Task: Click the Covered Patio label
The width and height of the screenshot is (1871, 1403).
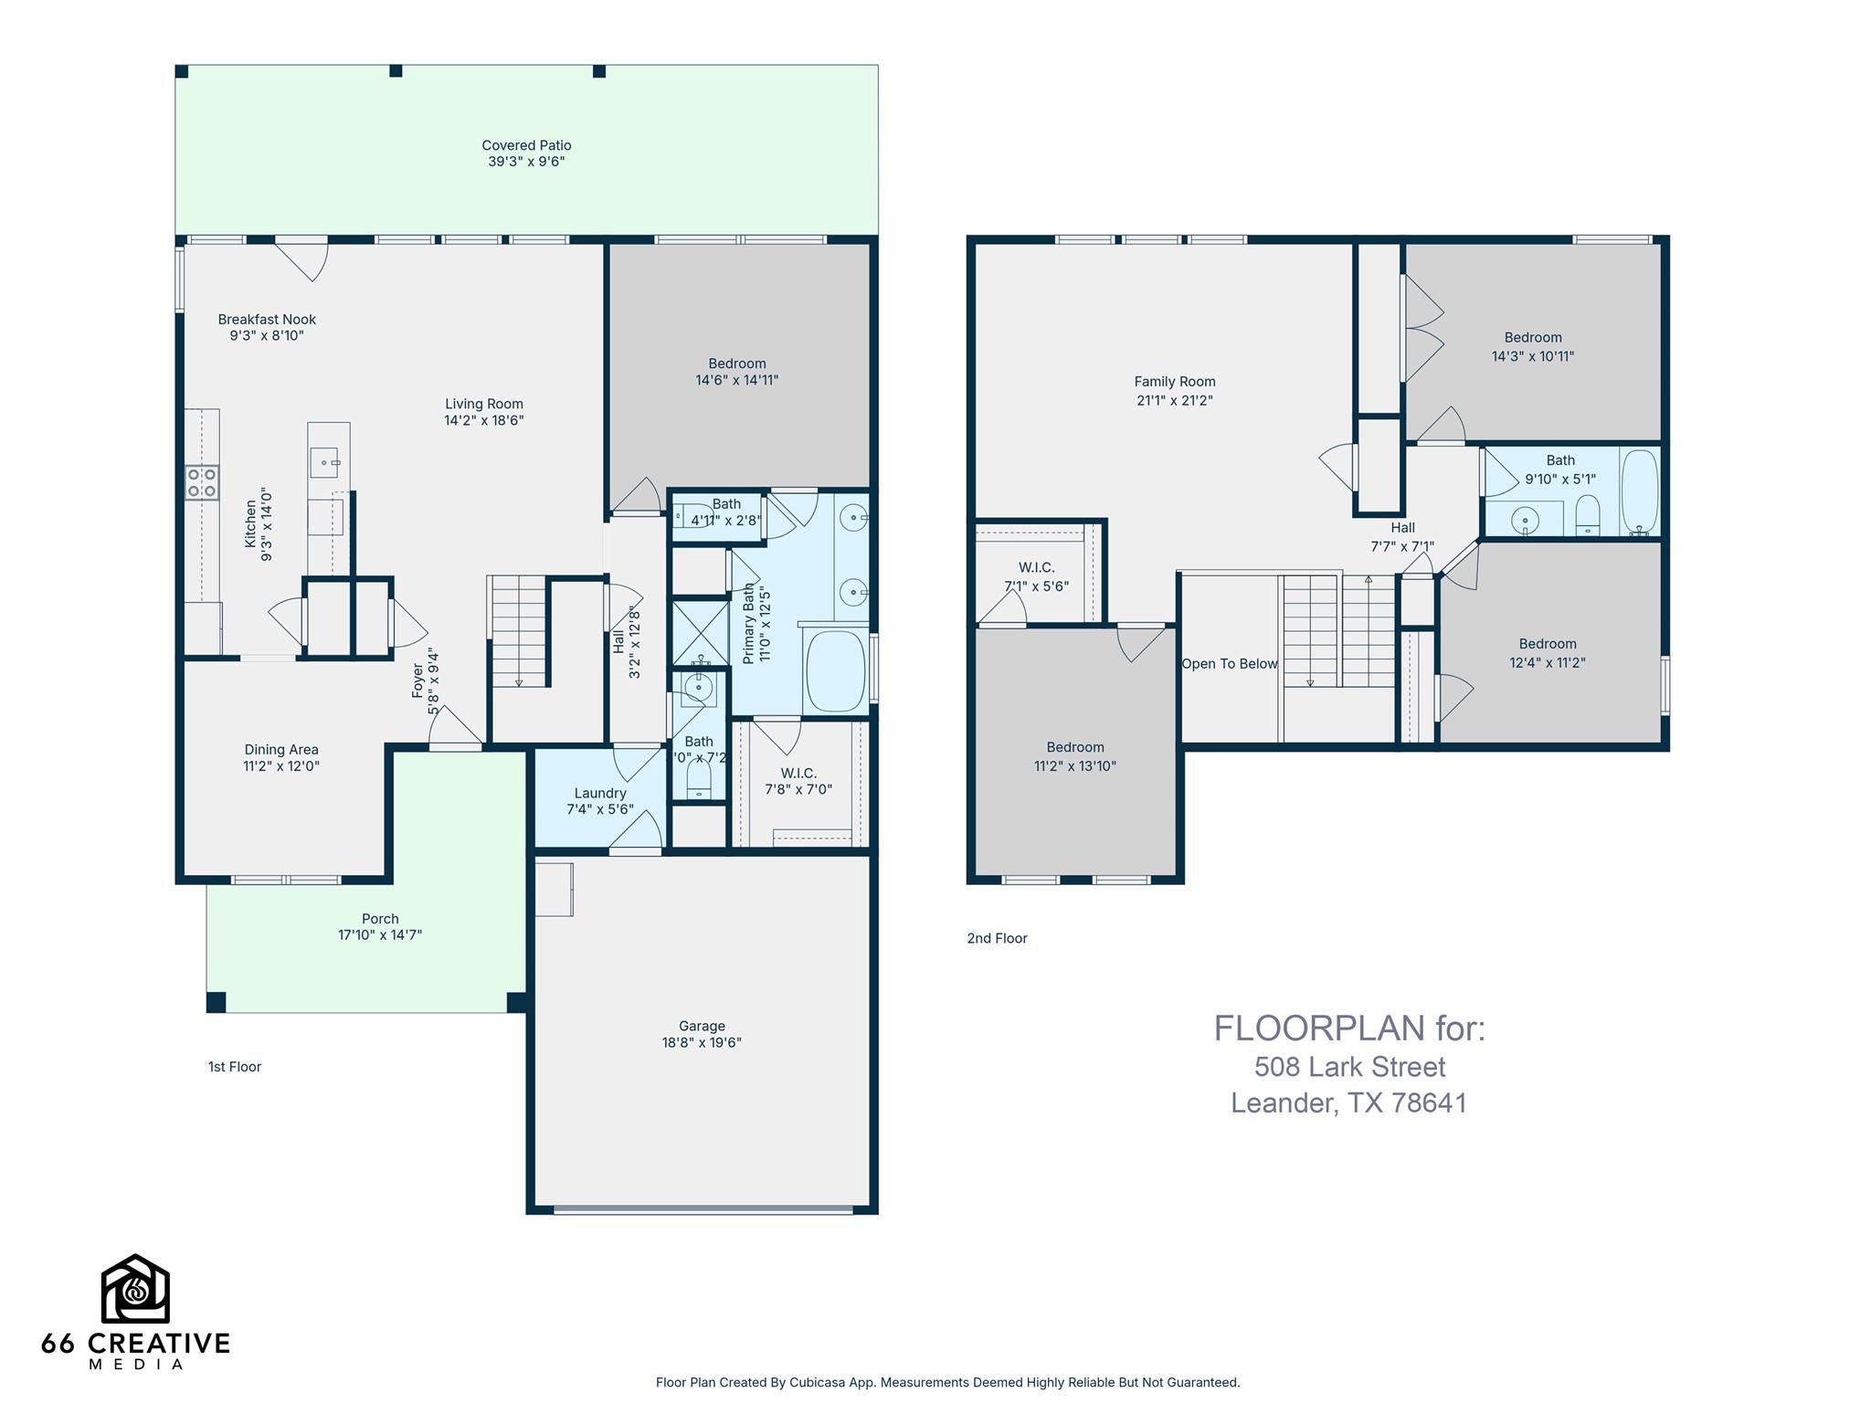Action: [x=526, y=145]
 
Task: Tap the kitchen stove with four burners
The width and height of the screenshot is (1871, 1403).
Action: [x=202, y=482]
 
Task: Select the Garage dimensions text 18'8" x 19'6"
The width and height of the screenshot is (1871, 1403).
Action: [x=702, y=1042]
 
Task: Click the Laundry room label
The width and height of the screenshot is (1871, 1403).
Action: [x=600, y=793]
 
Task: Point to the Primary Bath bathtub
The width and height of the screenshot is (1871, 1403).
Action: [x=835, y=671]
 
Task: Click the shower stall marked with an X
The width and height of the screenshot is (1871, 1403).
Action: [x=699, y=631]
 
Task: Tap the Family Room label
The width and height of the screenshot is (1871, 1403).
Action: [x=1174, y=382]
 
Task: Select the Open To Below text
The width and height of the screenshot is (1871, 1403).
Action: [x=1229, y=664]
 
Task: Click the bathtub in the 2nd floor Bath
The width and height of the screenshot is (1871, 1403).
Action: [x=1639, y=491]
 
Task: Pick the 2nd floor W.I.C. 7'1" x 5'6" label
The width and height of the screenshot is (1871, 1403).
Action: [x=1036, y=576]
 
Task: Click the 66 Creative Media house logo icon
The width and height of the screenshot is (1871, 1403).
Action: [x=135, y=1289]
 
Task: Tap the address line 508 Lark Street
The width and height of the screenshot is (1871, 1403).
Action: [x=1349, y=1067]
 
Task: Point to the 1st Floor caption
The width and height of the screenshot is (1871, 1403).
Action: [x=235, y=1067]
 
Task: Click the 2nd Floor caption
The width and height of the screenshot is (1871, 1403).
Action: [x=997, y=938]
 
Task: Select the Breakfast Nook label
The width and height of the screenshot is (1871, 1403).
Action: [x=267, y=320]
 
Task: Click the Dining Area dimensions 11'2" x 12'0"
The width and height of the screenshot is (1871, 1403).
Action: [x=280, y=766]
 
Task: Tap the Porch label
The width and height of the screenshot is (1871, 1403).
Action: [x=380, y=919]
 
